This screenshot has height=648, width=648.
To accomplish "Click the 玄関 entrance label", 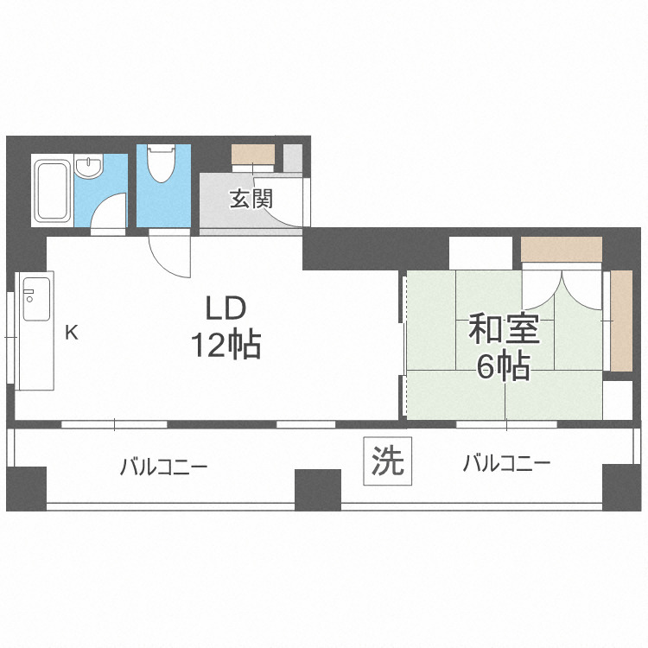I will [251, 199].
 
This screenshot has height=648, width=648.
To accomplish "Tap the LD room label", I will [226, 308].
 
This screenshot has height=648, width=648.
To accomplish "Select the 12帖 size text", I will [226, 346].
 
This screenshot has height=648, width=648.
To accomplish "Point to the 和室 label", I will [504, 330].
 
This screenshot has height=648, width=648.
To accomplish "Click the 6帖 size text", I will [503, 367].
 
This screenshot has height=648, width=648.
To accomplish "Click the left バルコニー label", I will [163, 467].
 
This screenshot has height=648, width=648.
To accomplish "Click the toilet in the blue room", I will [161, 163].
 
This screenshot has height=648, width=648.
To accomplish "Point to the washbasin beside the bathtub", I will [88, 166].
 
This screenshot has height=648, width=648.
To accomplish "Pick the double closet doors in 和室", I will [562, 287].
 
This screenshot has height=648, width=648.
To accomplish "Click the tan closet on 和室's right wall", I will [620, 321].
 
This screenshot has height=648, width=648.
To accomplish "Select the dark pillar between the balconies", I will [318, 489].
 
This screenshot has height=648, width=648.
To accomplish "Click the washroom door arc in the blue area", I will [109, 213].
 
